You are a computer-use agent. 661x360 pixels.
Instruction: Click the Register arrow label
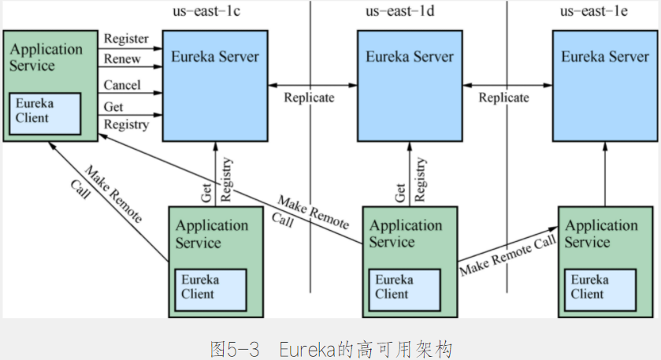click(x=126, y=39)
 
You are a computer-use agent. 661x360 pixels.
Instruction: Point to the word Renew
click(x=121, y=59)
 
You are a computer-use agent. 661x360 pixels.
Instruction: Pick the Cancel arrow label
click(x=122, y=85)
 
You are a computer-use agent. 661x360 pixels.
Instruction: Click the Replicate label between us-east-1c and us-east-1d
click(x=309, y=98)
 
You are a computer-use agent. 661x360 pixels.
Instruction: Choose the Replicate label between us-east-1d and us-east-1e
click(x=503, y=98)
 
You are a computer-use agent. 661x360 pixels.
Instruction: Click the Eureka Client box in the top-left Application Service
click(x=44, y=112)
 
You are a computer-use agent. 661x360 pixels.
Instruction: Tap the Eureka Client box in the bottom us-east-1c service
click(x=210, y=288)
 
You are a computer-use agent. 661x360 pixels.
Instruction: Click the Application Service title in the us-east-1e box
click(x=601, y=233)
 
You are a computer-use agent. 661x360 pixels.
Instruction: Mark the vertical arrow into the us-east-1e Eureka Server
click(x=605, y=173)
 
